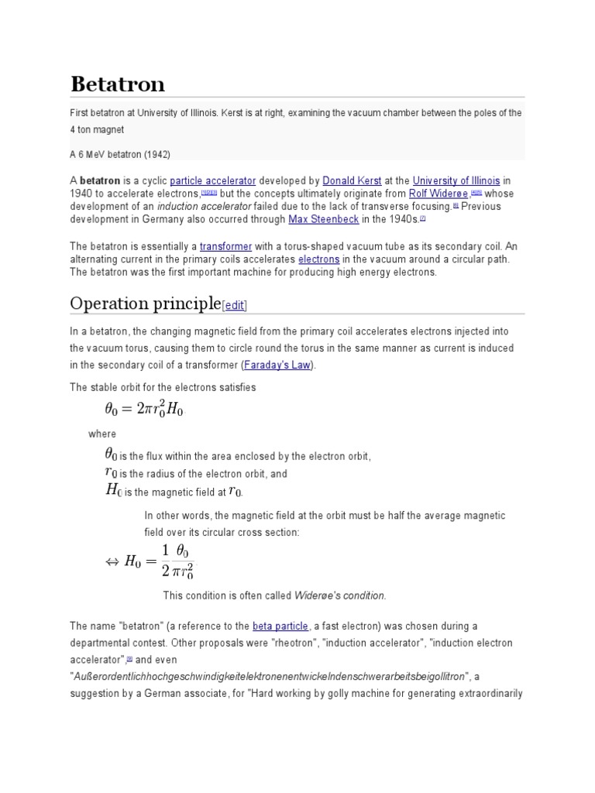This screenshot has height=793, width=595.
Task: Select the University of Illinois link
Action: (456, 180)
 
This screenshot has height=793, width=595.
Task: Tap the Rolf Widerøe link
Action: (438, 193)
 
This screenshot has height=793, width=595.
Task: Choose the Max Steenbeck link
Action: (323, 219)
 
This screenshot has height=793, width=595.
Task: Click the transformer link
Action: (226, 246)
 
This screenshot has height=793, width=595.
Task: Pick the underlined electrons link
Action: (318, 259)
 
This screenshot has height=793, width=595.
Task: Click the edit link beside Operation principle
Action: (235, 305)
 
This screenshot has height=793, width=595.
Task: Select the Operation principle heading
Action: (145, 303)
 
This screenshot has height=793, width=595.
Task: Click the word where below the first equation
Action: (102, 434)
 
